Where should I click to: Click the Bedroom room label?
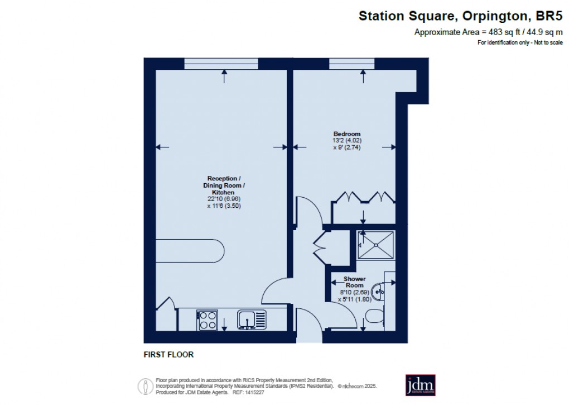tap(347, 134)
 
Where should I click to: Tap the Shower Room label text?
tap(354, 282)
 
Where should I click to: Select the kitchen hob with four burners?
tap(208, 320)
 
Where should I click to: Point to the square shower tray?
tap(375, 245)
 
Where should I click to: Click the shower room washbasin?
tap(379, 290)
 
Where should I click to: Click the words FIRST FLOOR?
tap(168, 355)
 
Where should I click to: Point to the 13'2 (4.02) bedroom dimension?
tap(347, 141)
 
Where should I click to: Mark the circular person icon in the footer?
tap(146, 385)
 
